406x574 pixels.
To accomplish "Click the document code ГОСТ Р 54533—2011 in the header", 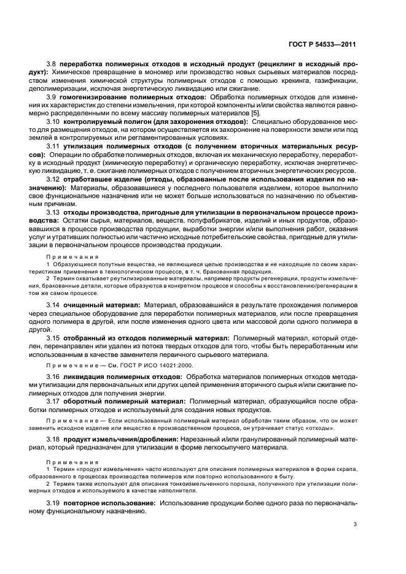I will coord(323,45).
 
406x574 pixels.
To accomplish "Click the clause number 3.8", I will coord(52,64).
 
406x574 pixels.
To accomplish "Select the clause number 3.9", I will coord(52,97).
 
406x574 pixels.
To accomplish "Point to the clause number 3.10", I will coord(53,121).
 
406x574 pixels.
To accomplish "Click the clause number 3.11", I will coord(53,146).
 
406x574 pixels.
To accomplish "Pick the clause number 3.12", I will coord(53,178).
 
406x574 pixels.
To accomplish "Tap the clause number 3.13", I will coord(53,212).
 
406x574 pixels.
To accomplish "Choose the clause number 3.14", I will coord(53,304).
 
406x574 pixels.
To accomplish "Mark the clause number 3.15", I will coord(53,337).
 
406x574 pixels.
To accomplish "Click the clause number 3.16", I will coord(53,376).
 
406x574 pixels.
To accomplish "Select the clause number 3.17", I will coord(53,401).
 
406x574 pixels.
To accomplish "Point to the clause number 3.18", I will coord(53,440).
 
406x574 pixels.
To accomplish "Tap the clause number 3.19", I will coord(53,502).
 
